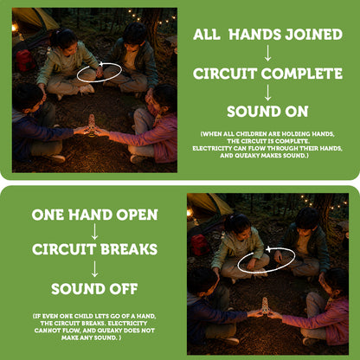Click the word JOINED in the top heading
(x=313, y=35)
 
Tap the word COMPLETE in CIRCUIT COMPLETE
(x=302, y=74)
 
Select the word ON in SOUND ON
(x=297, y=112)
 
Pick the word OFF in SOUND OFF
(x=123, y=289)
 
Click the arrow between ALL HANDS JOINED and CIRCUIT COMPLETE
(x=267, y=53)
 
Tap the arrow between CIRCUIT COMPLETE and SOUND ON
(x=267, y=93)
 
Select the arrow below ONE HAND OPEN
(x=94, y=232)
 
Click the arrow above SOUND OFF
(x=94, y=269)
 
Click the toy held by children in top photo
(x=92, y=125)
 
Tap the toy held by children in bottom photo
(x=266, y=306)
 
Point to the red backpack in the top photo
(x=25, y=61)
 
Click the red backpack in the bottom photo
(x=200, y=245)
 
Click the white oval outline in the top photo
(x=80, y=80)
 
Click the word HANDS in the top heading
(x=254, y=35)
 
